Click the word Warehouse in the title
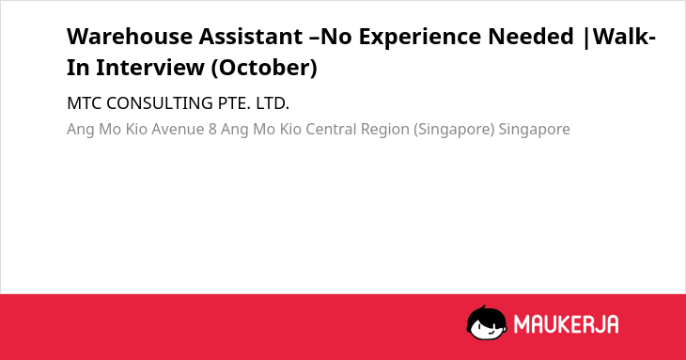point(130,37)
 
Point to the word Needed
point(531,37)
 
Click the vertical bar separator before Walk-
point(586,38)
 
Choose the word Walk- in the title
point(624,37)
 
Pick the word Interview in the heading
point(150,68)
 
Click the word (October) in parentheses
point(264,68)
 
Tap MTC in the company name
point(84,103)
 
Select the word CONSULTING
point(160,103)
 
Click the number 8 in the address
point(212,129)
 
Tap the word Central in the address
point(331,129)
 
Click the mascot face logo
point(487,322)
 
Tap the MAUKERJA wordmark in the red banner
point(566,324)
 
